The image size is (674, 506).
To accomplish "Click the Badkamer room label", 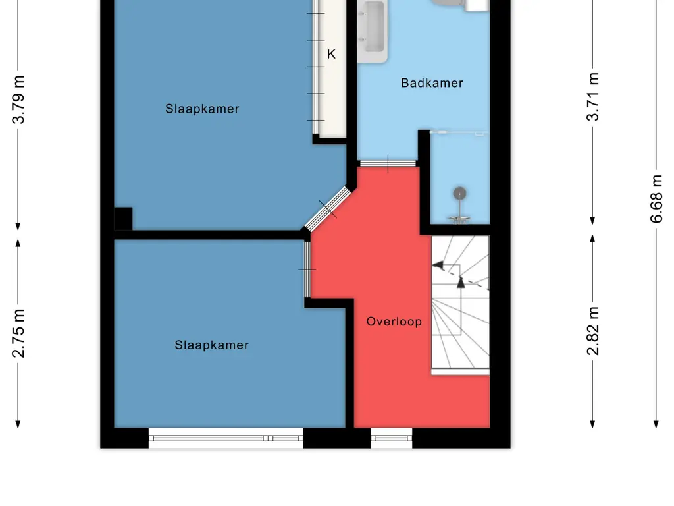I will (x=432, y=83).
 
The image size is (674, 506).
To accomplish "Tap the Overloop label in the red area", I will (x=394, y=322).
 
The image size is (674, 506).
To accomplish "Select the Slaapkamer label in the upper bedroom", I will (x=202, y=109).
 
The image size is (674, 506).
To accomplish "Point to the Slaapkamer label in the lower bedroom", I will (x=211, y=345).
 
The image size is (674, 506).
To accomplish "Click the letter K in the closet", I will (x=331, y=55).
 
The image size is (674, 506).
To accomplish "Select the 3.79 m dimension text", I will (x=20, y=99).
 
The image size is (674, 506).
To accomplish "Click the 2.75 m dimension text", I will (x=20, y=333).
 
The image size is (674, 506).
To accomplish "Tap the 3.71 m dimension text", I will (x=594, y=97).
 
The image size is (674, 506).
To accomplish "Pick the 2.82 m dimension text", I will (x=594, y=331).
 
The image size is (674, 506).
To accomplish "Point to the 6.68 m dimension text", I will (x=656, y=198).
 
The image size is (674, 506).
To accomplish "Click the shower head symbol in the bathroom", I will (x=459, y=194).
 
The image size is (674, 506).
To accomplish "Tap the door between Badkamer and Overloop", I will (x=388, y=163).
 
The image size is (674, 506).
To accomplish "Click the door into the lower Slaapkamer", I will (x=307, y=269).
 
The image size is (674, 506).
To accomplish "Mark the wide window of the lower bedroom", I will (x=226, y=437).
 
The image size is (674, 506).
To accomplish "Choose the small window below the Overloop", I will (x=391, y=437).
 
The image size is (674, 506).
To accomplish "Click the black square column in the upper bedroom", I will (x=123, y=218).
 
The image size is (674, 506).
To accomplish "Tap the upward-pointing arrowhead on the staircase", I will (x=461, y=282).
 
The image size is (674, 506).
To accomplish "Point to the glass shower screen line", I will (x=459, y=132).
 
